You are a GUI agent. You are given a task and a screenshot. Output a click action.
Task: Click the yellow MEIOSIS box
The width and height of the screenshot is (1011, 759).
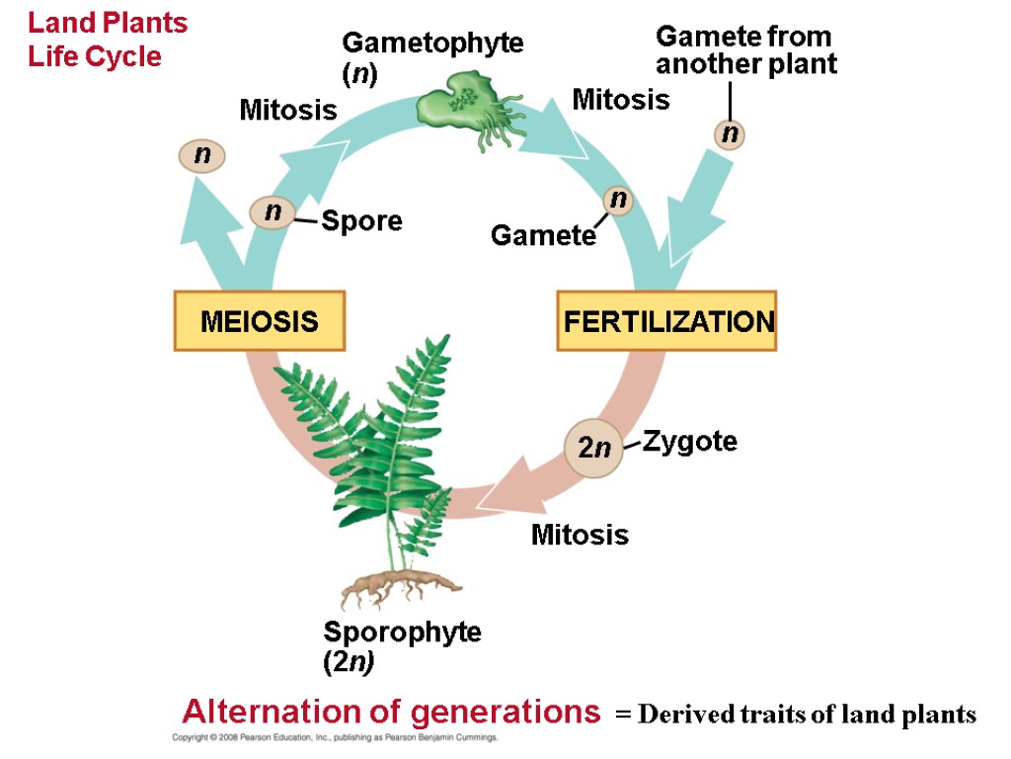260,321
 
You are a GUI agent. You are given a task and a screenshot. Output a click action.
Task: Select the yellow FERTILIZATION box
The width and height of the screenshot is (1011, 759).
667,321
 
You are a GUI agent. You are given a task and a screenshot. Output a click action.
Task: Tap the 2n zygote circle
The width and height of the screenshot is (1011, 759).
593,448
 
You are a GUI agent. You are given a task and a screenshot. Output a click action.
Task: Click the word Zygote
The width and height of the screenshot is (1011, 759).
689,441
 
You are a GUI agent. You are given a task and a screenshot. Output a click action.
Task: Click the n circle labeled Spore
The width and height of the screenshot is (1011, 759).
272,211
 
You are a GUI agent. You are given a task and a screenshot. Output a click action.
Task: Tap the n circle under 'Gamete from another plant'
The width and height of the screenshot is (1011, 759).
730,133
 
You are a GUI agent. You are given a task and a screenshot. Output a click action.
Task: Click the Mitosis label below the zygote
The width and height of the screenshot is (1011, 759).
580,536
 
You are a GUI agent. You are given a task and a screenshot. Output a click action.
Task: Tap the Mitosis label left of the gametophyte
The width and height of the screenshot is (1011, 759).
288,110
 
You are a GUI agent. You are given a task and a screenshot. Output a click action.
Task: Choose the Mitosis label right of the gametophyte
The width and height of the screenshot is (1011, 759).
620,100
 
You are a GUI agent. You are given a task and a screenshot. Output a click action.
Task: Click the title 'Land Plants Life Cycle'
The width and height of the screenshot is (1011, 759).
107,40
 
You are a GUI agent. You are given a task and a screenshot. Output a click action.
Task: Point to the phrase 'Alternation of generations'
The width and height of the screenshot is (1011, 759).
391,712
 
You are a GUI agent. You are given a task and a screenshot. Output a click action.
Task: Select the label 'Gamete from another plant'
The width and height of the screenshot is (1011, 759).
745,50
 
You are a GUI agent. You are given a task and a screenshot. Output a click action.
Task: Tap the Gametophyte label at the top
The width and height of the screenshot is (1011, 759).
431,56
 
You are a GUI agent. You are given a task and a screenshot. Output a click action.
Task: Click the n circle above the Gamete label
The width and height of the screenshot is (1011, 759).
618,200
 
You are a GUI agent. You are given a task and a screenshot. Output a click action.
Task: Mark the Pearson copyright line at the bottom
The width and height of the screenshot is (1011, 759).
335,738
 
